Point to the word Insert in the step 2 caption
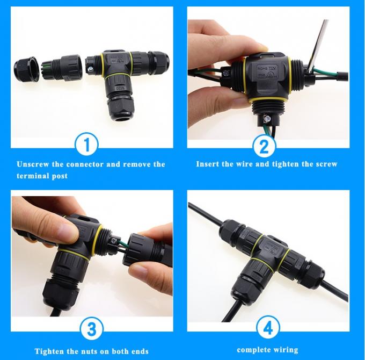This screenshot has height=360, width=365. [x=208, y=164]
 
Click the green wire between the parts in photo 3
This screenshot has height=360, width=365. [x=119, y=246]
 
